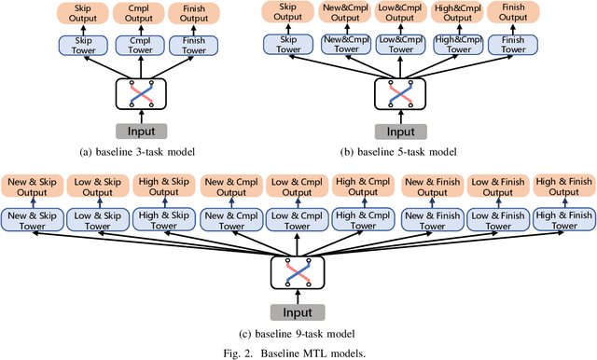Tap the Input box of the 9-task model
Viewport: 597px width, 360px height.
(x=298, y=312)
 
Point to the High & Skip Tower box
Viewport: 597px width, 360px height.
(x=164, y=219)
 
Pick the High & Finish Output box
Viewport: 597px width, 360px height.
(x=562, y=187)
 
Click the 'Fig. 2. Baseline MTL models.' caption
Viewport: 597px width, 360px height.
(x=298, y=352)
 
